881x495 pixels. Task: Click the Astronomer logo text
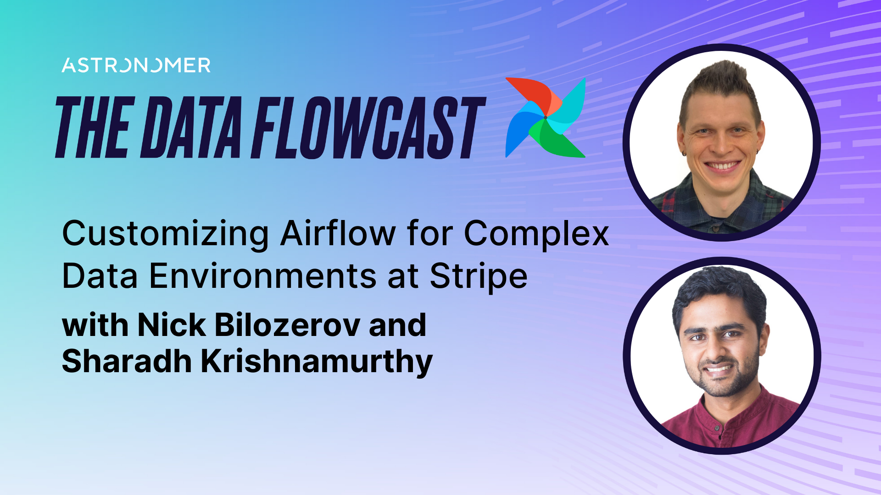[x=136, y=66]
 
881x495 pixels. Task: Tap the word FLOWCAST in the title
[x=367, y=128]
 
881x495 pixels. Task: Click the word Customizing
[x=165, y=234]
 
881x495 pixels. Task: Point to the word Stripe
[x=479, y=277]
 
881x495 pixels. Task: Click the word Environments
[x=263, y=276]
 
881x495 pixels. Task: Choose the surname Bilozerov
[x=287, y=325]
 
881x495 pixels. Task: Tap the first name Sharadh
[x=127, y=361]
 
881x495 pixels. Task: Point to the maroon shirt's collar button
[x=716, y=428]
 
